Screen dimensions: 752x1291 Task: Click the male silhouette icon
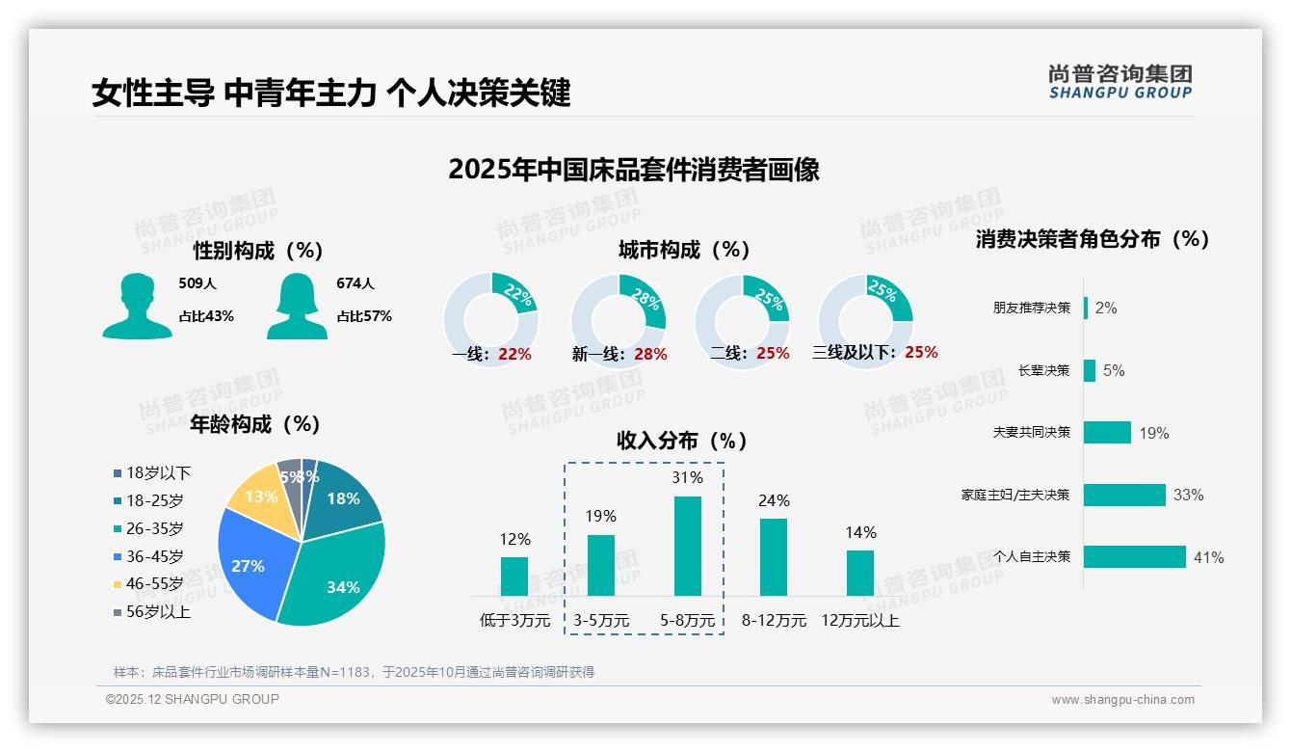(x=137, y=306)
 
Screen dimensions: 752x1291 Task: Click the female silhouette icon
(x=297, y=306)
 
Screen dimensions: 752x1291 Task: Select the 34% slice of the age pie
(x=337, y=574)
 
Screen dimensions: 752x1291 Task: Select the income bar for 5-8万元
(x=687, y=546)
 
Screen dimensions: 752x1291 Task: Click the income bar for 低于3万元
(x=514, y=576)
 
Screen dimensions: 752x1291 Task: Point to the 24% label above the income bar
(x=773, y=500)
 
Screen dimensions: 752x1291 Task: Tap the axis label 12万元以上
(x=859, y=621)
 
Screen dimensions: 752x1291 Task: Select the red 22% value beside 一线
(x=514, y=354)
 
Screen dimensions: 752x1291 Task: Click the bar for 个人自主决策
(x=1134, y=556)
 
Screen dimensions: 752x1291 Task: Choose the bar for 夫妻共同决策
(x=1107, y=432)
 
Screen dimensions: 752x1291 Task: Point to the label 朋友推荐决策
(x=1031, y=308)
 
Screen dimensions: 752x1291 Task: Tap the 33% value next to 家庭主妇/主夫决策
(x=1188, y=495)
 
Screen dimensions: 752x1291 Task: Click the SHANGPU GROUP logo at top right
(x=1120, y=82)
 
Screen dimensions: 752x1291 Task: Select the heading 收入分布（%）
(x=682, y=441)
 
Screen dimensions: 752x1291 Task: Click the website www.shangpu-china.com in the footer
(x=1122, y=700)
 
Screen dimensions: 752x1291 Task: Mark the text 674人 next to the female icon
(x=356, y=283)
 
